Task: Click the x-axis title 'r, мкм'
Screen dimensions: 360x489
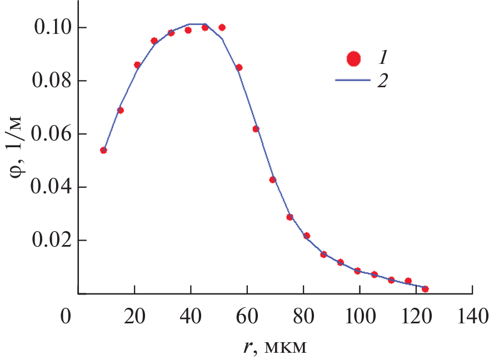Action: pyautogui.click(x=275, y=347)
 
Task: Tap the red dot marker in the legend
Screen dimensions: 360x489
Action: pyautogui.click(x=353, y=58)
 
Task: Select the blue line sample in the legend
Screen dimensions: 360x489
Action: pyautogui.click(x=353, y=81)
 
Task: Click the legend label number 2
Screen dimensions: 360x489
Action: pyautogui.click(x=382, y=81)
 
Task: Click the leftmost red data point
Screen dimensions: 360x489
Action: pyautogui.click(x=103, y=150)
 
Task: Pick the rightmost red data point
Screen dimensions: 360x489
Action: pyautogui.click(x=425, y=289)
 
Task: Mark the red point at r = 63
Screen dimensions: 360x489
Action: pyautogui.click(x=256, y=129)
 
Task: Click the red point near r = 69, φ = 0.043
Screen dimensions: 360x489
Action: pyautogui.click(x=273, y=179)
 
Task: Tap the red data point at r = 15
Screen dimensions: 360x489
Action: pyautogui.click(x=120, y=110)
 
